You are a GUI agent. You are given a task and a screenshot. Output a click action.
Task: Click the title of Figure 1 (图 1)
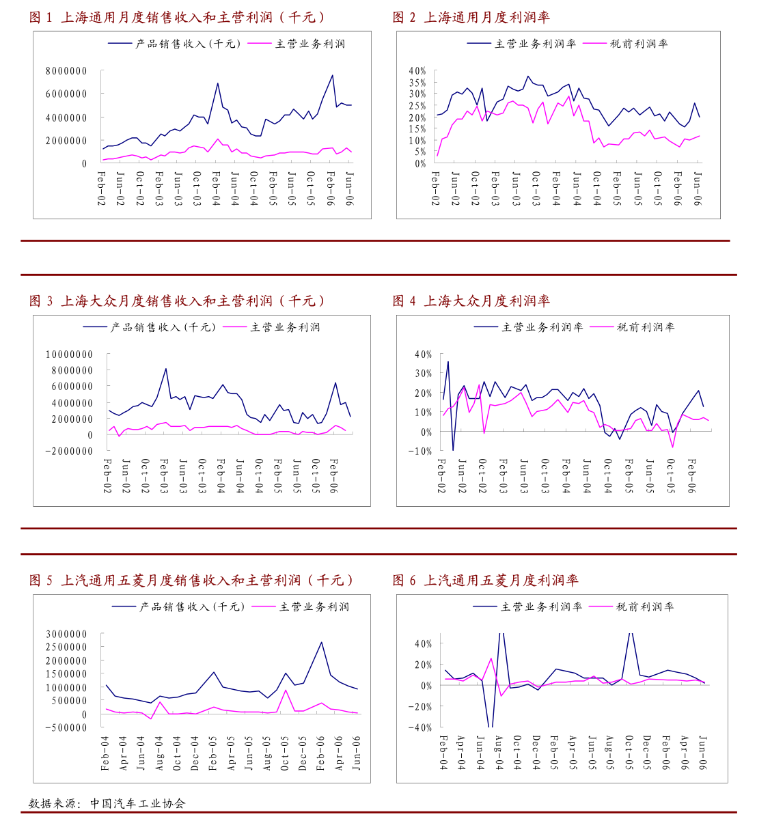pos(177,18)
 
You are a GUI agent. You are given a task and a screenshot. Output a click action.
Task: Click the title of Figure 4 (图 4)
pos(471,301)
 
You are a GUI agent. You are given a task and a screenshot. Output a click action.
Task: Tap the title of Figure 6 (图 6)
pos(485,581)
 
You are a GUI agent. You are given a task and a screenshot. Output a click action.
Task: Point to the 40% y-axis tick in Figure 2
pos(417,71)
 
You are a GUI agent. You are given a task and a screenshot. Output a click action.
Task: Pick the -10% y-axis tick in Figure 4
pos(421,451)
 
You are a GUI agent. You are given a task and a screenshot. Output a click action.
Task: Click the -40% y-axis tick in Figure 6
pos(420,727)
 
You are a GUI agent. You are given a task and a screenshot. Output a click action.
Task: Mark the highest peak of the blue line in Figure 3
pos(166,369)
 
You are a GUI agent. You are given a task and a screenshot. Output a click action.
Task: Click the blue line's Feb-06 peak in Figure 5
pos(321,642)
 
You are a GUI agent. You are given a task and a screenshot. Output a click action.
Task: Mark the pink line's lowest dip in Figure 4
pos(673,447)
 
